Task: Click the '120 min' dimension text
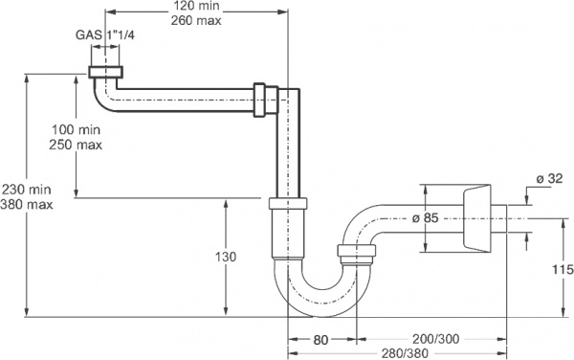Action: (195, 5)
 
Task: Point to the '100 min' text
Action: (77, 129)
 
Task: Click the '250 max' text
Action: (77, 144)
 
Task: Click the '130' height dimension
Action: (226, 258)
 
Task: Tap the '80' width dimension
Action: (321, 339)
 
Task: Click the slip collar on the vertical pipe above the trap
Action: (287, 203)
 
